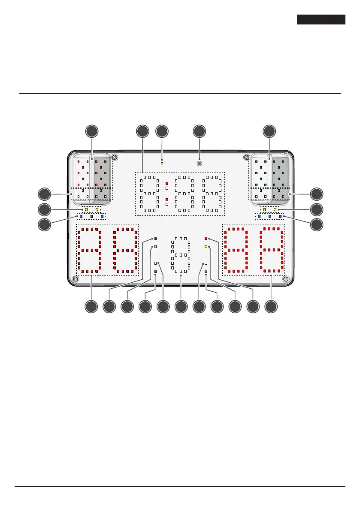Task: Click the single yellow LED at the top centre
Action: pos(162,163)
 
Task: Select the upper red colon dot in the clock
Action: pos(167,184)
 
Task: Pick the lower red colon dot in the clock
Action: pos(167,200)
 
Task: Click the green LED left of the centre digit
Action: pos(155,272)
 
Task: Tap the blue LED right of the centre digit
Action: pos(206,272)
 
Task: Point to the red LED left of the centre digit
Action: pos(155,238)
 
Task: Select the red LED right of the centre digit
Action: pos(206,238)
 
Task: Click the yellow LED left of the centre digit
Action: pos(155,247)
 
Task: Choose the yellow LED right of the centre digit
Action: pos(206,247)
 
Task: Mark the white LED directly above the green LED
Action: pos(155,263)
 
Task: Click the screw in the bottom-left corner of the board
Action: pos(76,279)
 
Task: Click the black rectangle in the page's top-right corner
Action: pos(321,20)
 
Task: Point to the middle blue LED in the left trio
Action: pos(91,216)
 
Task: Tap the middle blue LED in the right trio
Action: pos(269,216)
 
